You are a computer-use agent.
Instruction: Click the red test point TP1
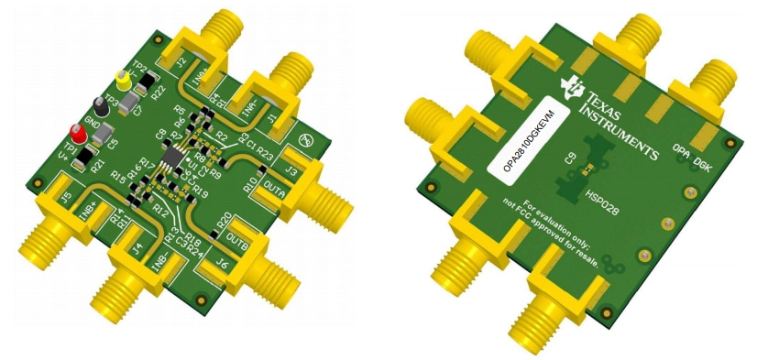coord(79,134)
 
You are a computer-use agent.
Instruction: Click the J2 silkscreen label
coord(181,63)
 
